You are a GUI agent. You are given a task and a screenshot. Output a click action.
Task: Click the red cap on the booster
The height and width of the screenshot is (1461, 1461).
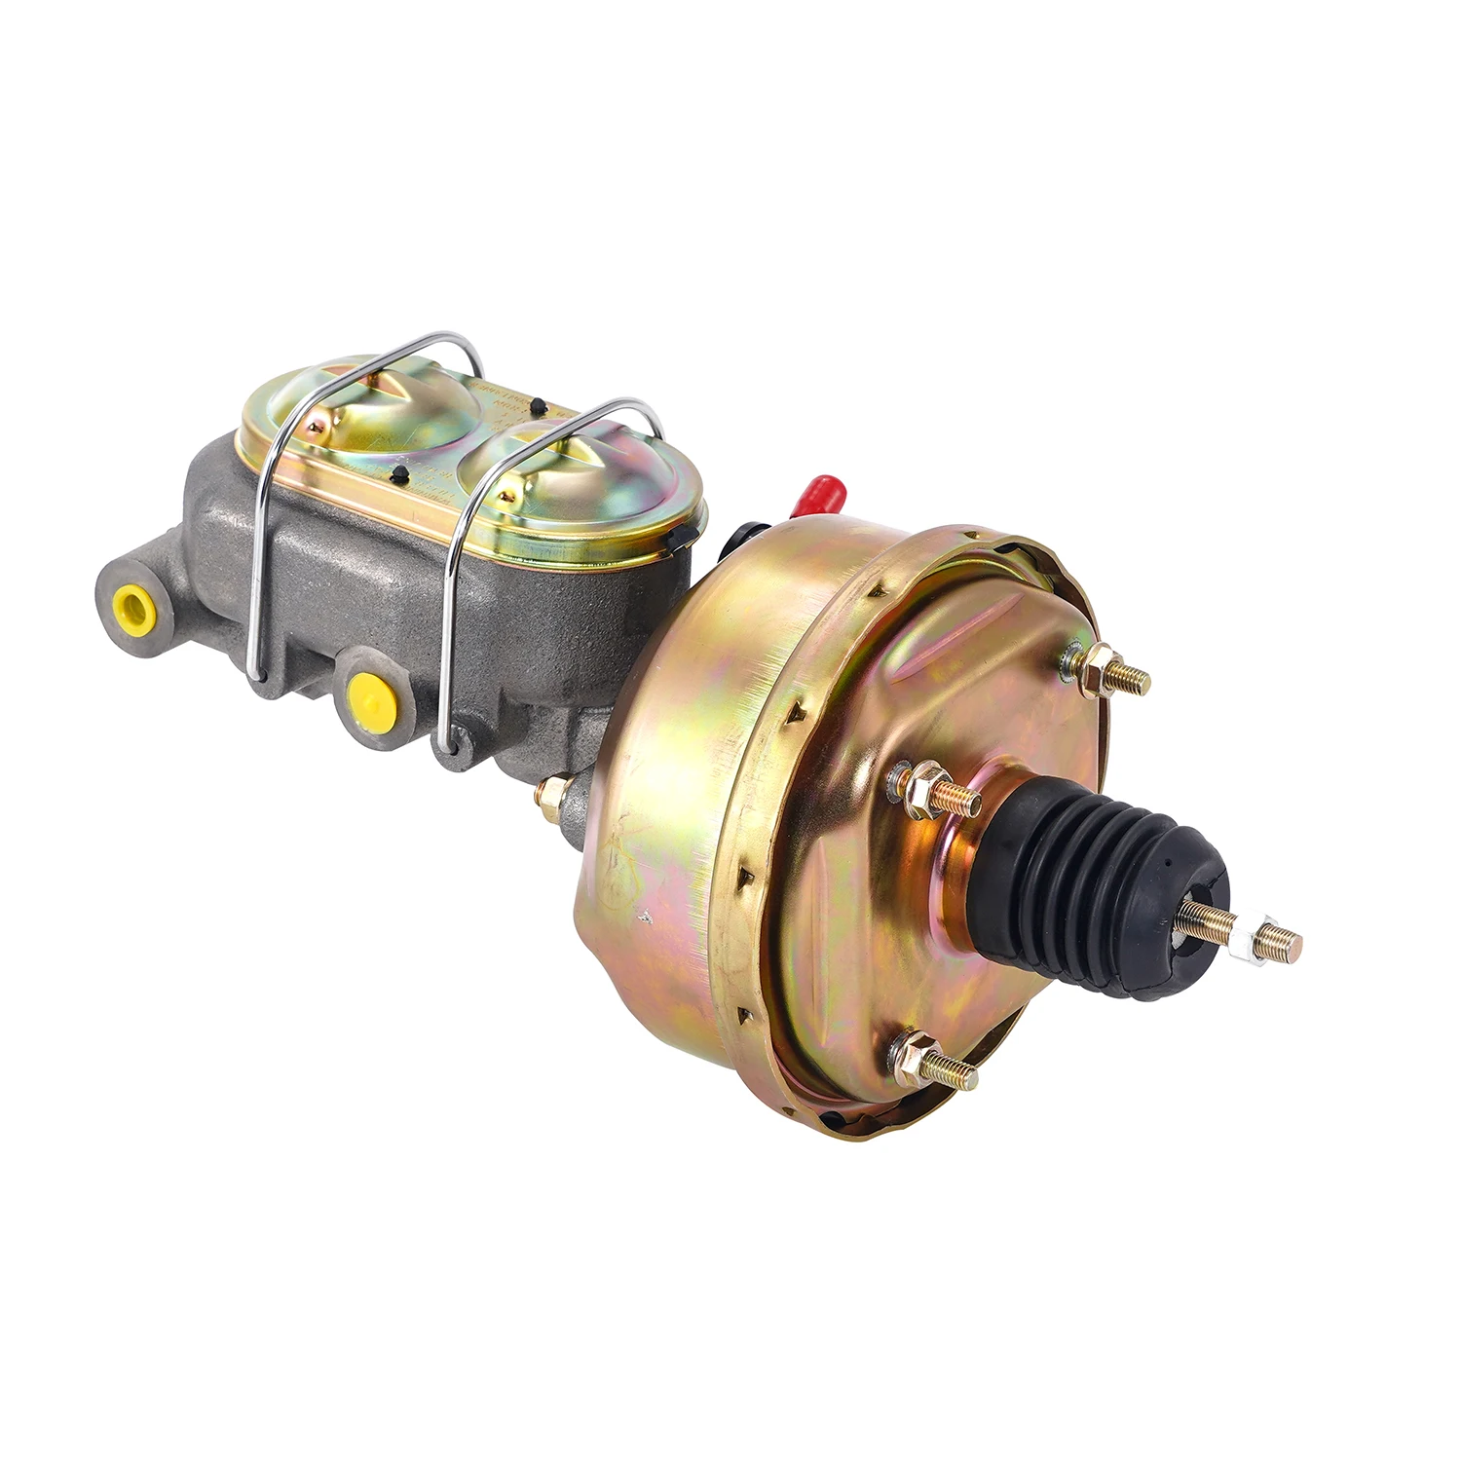pos(816,496)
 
